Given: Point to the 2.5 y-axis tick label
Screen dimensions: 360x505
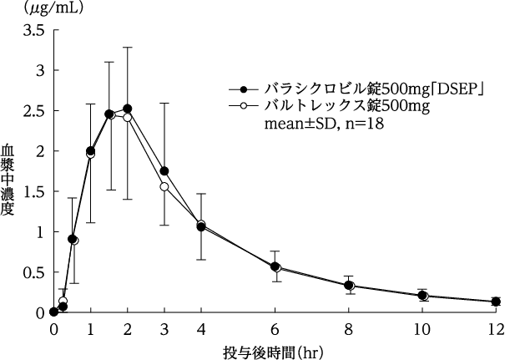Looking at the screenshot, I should [x=34, y=111].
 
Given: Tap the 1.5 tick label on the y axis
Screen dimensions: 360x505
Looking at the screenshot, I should [x=34, y=191].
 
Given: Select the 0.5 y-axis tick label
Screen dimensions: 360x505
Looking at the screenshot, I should [x=34, y=272].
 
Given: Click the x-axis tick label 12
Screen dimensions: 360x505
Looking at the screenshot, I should [x=496, y=327].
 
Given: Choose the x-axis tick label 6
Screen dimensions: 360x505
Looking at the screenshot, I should [x=275, y=327].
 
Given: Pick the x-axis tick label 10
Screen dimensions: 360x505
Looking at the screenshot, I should [x=422, y=327].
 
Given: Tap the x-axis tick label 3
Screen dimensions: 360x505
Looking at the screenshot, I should [x=164, y=327].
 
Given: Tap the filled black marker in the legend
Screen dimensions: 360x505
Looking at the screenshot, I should [x=243, y=89].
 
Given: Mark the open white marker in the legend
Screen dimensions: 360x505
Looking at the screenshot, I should [x=243, y=106].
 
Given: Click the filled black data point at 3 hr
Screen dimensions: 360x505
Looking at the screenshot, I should [x=164, y=171].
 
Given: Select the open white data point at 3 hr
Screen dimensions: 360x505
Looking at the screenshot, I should [x=164, y=186].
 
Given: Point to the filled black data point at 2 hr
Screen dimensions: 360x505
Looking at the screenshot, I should [x=127, y=109].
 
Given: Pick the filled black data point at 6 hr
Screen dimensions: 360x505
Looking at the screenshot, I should [x=275, y=266].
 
